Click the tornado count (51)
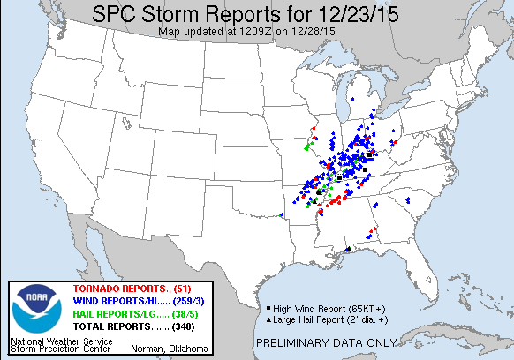point(185,289)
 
